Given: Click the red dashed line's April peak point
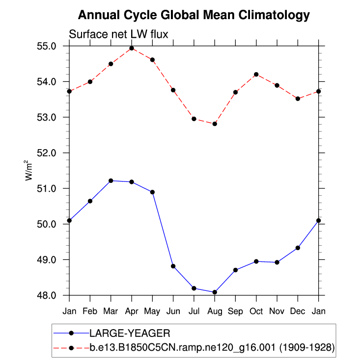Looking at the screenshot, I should tap(132, 48).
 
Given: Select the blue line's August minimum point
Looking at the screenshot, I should tap(215, 292).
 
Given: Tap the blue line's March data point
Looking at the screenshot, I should tap(111, 181).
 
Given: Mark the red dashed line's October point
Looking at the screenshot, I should tap(256, 75).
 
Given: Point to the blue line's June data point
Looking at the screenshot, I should tap(173, 266).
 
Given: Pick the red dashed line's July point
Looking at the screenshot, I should tap(194, 119).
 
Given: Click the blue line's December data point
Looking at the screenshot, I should tap(298, 248).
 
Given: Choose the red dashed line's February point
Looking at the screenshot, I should tap(90, 81).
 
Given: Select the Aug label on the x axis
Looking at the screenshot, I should tap(215, 311).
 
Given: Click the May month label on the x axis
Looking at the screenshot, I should tap(152, 311).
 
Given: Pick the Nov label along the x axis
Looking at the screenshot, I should tap(277, 311).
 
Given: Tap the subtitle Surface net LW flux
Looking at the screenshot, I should tap(119, 34).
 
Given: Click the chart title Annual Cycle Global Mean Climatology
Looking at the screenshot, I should tap(194, 15).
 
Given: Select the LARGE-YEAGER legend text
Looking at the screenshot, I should tap(129, 334).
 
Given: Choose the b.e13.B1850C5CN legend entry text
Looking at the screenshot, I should tap(212, 348).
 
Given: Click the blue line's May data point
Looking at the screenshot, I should tap(152, 192).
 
